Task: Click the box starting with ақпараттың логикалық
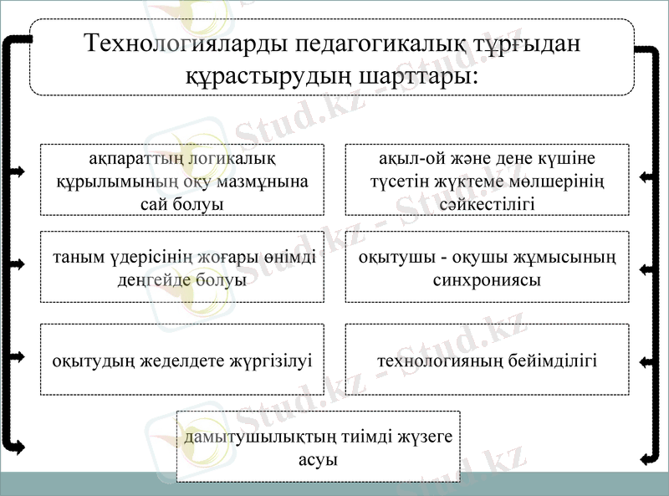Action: pos(181,180)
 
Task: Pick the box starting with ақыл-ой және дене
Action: pos(487,180)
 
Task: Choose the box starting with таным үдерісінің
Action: pos(181,267)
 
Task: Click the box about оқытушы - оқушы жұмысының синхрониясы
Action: pos(487,267)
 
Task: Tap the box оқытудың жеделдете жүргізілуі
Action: pos(181,360)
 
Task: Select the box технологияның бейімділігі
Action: pos(487,360)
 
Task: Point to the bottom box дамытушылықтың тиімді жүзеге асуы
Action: pos(318,446)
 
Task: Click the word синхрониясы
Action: pos(487,279)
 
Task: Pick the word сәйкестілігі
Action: pos(487,203)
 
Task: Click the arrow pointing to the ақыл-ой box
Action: pos(646,177)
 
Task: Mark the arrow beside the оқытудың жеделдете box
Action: pos(17,356)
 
